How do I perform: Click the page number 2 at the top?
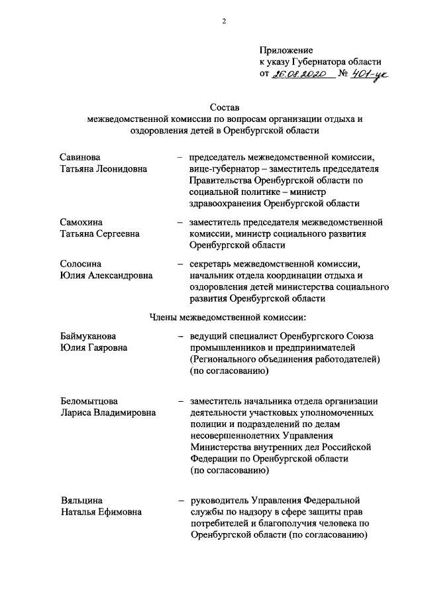[225, 21]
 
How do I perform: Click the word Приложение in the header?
[286, 50]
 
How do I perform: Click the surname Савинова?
[79, 157]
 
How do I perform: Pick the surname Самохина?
[82, 221]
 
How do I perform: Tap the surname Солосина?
[80, 264]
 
